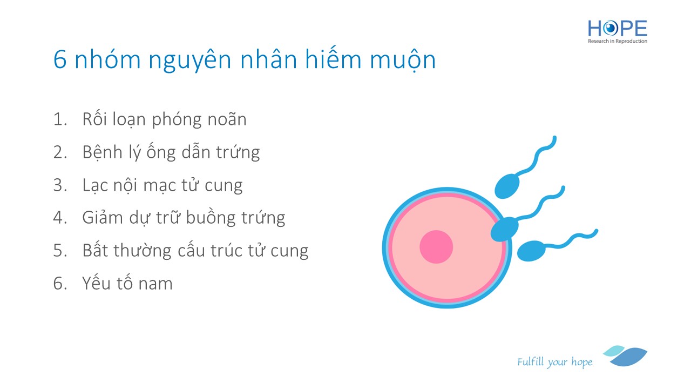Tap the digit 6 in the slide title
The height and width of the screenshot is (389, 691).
coord(60,59)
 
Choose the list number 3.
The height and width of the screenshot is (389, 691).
coord(60,185)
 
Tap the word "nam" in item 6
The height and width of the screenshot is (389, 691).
coord(155,284)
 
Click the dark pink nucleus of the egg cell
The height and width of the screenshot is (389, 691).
coord(436,247)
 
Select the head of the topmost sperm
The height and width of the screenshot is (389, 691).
coord(507,185)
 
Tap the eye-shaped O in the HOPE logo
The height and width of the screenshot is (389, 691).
coord(610,29)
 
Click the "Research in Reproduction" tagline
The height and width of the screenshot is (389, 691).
coord(617,41)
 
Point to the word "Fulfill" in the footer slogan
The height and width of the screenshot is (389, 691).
coord(531,361)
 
